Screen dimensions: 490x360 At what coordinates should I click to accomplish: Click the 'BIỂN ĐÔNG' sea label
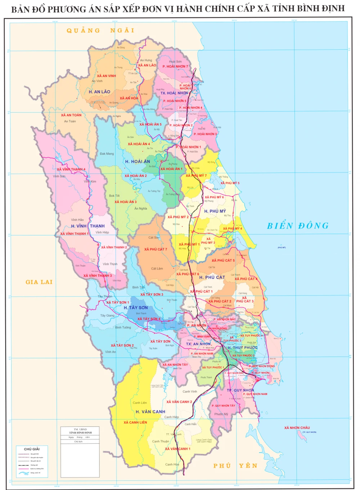point(298,226)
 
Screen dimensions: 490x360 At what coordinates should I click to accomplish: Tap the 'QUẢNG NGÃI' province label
point(100,31)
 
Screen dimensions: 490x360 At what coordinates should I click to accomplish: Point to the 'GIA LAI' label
point(39,282)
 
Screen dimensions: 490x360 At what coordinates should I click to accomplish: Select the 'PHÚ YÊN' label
point(235,466)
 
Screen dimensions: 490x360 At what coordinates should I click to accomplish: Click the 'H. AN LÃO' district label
point(99,92)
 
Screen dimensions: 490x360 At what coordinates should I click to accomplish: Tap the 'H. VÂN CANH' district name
point(150,411)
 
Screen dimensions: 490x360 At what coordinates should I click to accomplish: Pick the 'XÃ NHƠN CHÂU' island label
point(297,428)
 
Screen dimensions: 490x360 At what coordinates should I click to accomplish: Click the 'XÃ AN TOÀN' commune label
point(71,115)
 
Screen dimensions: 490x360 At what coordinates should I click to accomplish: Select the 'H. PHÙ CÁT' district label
point(212,277)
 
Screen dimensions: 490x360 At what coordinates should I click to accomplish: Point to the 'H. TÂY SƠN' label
point(136,308)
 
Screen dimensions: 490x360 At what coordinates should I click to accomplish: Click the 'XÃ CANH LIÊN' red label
point(135,422)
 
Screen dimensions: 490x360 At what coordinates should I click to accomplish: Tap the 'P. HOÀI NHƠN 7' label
point(175,67)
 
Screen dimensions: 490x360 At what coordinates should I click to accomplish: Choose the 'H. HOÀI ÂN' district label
point(138,162)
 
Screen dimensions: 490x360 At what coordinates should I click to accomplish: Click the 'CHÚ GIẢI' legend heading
point(32,449)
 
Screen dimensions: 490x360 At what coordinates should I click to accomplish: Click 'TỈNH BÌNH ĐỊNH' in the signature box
point(80,432)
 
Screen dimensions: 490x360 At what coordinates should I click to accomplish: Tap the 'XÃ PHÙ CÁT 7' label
point(156,249)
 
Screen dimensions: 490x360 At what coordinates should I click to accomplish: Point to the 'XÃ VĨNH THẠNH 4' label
point(71,169)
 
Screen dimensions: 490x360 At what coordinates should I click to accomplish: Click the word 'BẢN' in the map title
point(20,9)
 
